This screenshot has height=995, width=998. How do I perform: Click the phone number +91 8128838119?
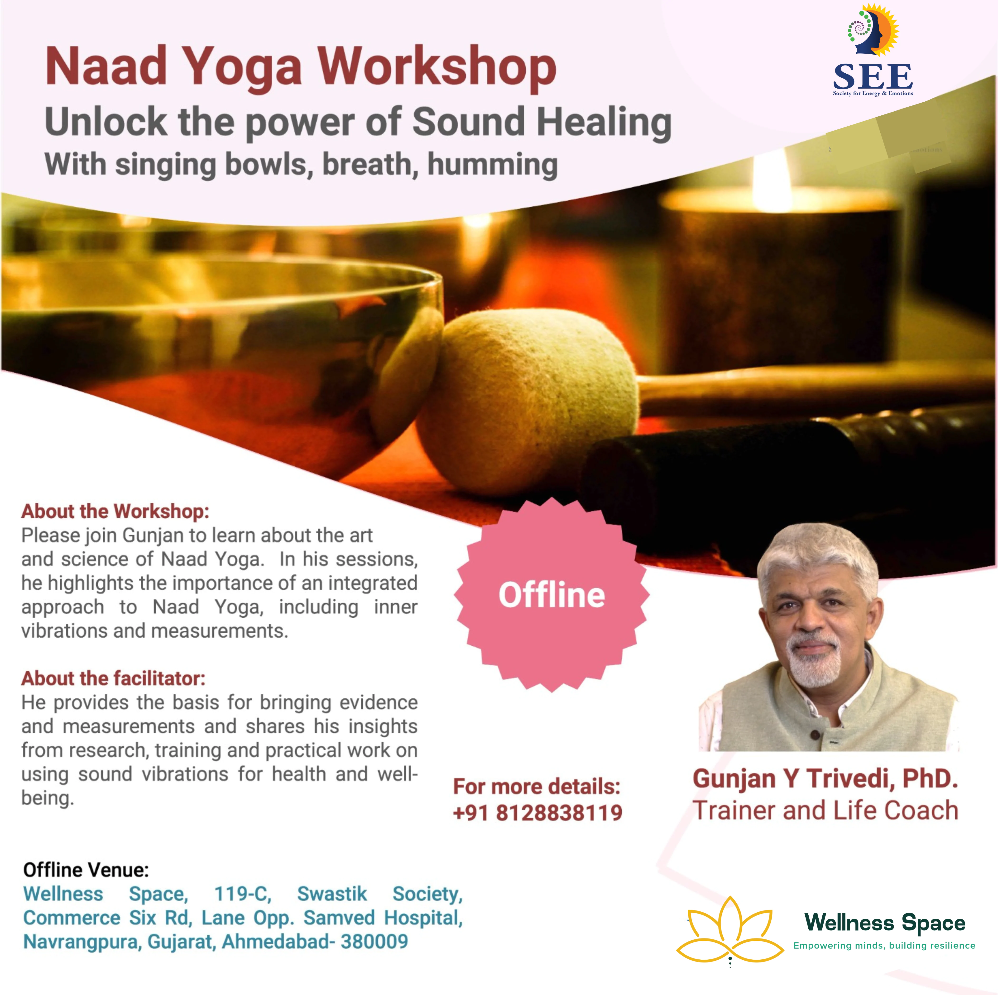click(537, 813)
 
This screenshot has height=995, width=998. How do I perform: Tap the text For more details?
click(536, 787)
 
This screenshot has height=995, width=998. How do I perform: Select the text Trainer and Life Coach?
click(825, 810)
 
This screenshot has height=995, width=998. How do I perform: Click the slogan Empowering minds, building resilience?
click(884, 945)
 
